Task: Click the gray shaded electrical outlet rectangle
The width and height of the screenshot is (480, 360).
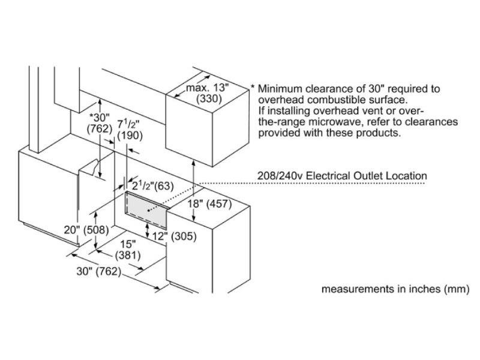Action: pyautogui.click(x=146, y=207)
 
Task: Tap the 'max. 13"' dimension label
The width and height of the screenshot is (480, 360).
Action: pyautogui.click(x=208, y=88)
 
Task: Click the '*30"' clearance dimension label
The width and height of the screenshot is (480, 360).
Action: pyautogui.click(x=99, y=117)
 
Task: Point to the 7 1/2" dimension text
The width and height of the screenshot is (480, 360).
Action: pyautogui.click(x=127, y=124)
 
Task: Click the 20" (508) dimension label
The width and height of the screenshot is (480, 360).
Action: pyautogui.click(x=82, y=229)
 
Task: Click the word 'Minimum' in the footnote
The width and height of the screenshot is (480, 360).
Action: pyautogui.click(x=284, y=88)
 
